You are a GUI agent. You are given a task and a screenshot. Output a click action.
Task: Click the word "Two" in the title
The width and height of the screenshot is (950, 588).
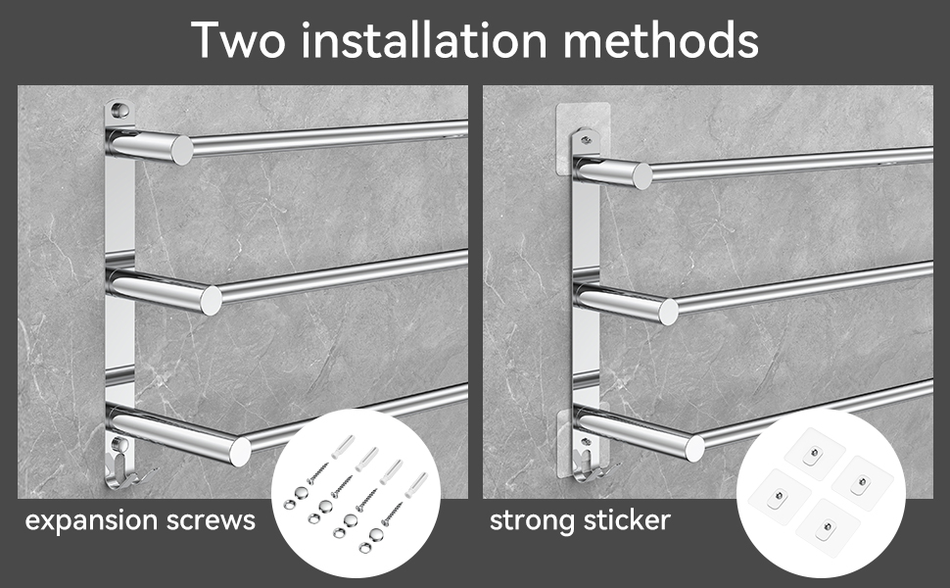click(x=238, y=40)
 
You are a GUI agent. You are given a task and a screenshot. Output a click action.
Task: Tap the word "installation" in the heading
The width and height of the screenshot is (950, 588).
click(x=424, y=39)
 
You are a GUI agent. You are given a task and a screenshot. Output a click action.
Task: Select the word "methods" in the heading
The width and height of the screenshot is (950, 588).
click(x=660, y=39)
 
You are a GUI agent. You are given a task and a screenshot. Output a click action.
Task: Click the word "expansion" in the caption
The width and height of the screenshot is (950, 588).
click(x=91, y=521)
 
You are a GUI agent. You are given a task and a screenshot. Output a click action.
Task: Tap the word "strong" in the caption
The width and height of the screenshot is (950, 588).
click(x=529, y=521)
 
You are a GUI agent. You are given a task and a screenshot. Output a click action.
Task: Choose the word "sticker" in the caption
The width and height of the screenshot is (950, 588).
click(x=624, y=520)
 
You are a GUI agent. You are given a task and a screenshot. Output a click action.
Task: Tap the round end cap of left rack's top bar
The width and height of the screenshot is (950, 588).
click(x=182, y=150)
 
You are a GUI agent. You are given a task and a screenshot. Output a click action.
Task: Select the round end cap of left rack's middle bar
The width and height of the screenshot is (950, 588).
click(x=211, y=301)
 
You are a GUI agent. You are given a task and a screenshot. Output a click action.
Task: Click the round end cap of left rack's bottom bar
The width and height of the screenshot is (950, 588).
click(x=240, y=452)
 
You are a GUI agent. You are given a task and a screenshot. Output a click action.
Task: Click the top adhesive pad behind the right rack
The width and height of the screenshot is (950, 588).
click(x=582, y=138)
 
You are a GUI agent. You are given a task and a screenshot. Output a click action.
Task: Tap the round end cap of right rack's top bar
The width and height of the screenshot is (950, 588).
click(x=642, y=175)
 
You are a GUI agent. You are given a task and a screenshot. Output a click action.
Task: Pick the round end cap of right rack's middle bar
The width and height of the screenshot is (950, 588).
click(x=668, y=311)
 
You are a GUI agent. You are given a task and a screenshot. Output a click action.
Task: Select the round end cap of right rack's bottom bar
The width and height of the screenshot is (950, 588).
click(x=694, y=448)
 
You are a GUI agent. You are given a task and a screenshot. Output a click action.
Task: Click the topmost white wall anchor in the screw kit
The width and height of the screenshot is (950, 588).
click(x=343, y=446)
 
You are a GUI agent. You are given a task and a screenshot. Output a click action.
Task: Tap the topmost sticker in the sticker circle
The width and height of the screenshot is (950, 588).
click(x=814, y=454)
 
